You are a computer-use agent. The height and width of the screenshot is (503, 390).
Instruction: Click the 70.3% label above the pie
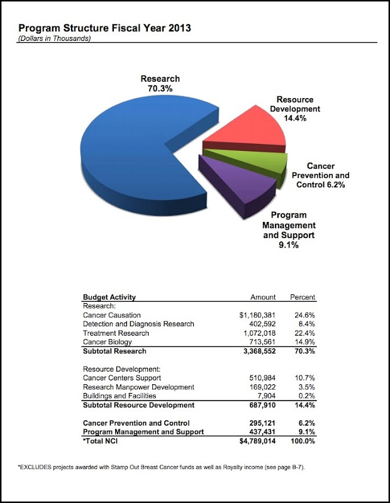pyautogui.click(x=160, y=89)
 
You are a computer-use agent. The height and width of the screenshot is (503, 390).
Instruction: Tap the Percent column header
pyautogui.click(x=303, y=297)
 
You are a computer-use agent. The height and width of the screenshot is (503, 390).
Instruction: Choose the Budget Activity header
pyautogui.click(x=109, y=297)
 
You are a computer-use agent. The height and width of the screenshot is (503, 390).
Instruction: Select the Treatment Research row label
pyautogui.click(x=116, y=333)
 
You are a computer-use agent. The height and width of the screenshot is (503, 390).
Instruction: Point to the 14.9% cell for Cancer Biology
pyautogui.click(x=304, y=342)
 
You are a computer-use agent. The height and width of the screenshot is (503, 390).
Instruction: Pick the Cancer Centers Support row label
pyautogui.click(x=122, y=378)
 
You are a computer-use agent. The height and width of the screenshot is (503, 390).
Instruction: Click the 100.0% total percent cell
pyautogui.click(x=302, y=441)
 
